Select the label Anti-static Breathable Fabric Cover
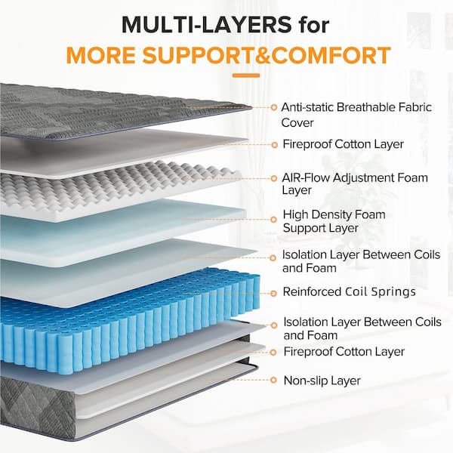tap(356, 114)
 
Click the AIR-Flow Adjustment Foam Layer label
tap(354, 184)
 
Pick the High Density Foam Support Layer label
tap(333, 221)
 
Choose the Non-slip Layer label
tap(322, 381)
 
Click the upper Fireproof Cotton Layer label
tap(344, 143)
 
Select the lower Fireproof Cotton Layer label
tap(344, 351)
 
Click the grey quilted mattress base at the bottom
tap(45, 408)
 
